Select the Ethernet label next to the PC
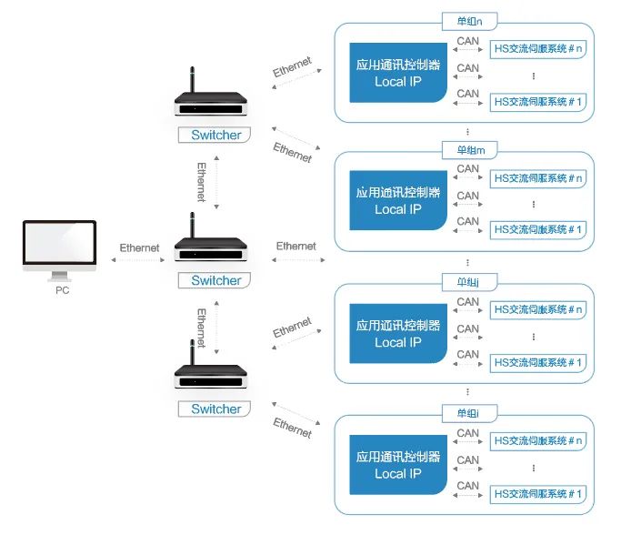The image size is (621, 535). coord(139,247)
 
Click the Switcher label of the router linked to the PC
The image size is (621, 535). coord(215,280)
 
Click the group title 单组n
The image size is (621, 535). coord(464,20)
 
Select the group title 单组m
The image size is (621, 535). coord(464,149)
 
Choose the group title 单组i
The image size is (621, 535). coord(464,414)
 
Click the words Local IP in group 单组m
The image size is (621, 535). coord(397,209)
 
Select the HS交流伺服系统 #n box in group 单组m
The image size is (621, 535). coord(536,178)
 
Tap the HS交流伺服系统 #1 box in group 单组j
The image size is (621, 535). coord(536,363)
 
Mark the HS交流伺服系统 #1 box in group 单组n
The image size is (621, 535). coord(536,101)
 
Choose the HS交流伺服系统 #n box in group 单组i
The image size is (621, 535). coord(536,441)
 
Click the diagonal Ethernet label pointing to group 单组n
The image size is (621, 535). coord(292,67)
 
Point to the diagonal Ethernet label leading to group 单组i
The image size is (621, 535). coord(292,427)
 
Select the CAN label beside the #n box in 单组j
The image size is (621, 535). coord(468,302)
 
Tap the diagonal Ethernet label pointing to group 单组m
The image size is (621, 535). coord(292,152)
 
